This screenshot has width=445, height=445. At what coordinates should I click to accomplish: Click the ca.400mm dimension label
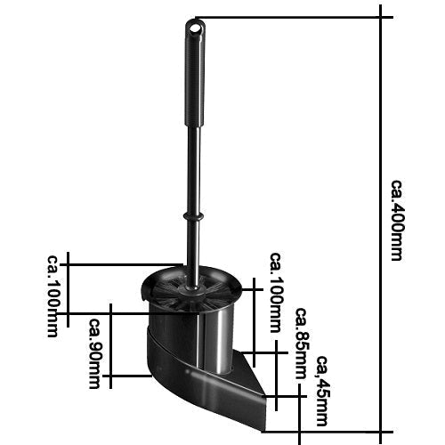pos(396,220)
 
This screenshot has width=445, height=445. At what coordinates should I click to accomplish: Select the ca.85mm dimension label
pos(301,344)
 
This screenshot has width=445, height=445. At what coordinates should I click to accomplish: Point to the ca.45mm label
pos(322,391)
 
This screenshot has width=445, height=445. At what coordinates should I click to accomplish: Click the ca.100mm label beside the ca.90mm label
pos(53,295)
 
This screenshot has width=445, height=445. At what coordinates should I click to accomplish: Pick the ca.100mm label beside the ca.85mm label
pos(276,293)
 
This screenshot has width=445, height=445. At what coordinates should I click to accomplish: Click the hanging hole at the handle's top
pos(195,28)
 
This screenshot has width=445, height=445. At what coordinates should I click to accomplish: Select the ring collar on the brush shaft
pos(193,216)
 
